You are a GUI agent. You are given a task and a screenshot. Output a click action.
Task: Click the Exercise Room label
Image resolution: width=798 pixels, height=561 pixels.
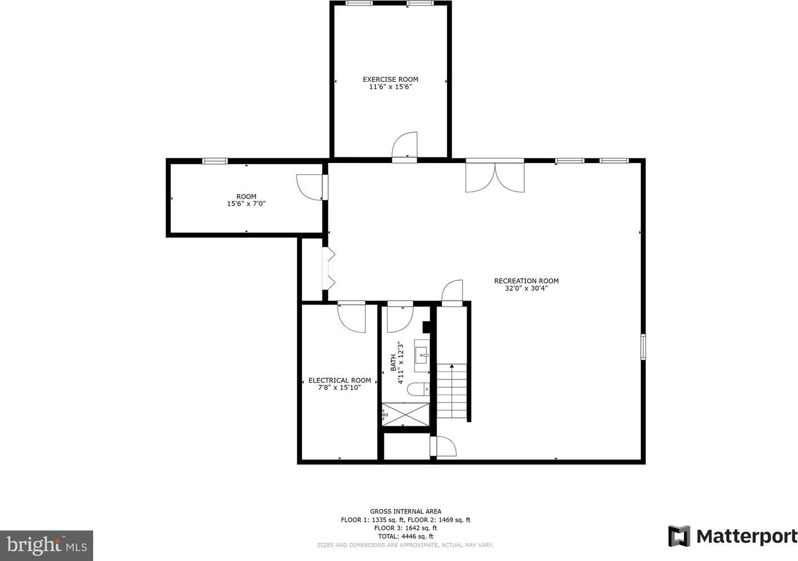tap(391, 79)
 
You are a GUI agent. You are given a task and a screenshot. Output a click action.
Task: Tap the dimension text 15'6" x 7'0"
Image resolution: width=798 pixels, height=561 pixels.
tap(246, 204)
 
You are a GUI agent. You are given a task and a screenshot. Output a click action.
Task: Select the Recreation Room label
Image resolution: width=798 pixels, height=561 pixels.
tap(526, 281)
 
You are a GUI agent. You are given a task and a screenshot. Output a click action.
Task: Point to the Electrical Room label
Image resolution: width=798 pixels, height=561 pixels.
tap(339, 381)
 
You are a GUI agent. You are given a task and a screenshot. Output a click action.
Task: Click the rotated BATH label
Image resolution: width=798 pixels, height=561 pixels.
tap(393, 363)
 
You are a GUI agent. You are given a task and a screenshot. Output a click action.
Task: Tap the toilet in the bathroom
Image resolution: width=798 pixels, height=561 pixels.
tap(419, 389)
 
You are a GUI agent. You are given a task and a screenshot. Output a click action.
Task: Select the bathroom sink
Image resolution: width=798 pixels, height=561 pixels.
tap(422, 356)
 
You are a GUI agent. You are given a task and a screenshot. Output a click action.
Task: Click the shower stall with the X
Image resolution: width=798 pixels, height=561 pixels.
tap(406, 414)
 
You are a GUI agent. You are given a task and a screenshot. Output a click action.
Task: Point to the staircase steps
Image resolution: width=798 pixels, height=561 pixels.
tap(452, 391)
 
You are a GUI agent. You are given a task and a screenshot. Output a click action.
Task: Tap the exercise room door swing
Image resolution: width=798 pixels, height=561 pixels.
tap(404, 144)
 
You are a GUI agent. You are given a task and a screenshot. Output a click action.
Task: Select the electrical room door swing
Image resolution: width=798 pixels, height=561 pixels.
tap(352, 319)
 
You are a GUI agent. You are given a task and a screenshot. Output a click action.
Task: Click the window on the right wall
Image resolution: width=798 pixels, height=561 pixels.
tap(643, 346)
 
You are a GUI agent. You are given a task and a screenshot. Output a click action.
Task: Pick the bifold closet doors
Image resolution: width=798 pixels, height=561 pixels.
tap(329, 269)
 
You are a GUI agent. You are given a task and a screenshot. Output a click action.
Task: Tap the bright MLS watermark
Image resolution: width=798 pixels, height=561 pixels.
tap(47, 546)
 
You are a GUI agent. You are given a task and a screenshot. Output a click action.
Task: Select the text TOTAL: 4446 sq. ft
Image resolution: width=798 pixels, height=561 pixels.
tap(405, 536)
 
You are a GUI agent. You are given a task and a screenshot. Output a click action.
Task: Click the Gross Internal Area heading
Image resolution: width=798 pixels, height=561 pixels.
tap(405, 511)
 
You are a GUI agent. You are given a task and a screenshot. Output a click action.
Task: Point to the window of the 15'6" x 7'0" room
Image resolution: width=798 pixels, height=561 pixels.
tap(215, 161)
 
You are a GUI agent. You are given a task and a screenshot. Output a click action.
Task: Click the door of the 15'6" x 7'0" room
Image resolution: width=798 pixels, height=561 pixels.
tap(309, 187)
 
